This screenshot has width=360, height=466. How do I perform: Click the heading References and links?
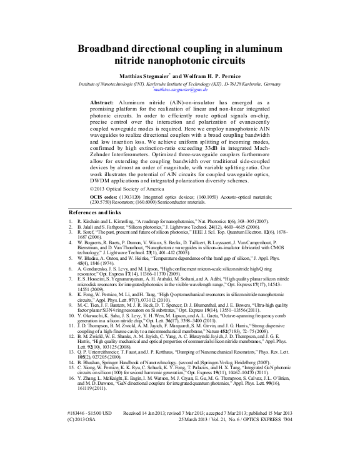coord(97,213)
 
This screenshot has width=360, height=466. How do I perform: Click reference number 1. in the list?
coord(71,222)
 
